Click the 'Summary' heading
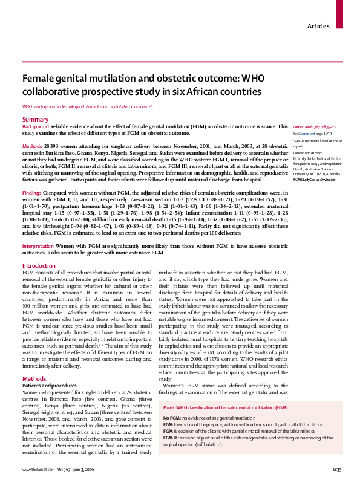tap(36, 120)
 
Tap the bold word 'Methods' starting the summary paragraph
tap(33, 147)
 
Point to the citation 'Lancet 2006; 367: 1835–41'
tap(315, 126)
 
